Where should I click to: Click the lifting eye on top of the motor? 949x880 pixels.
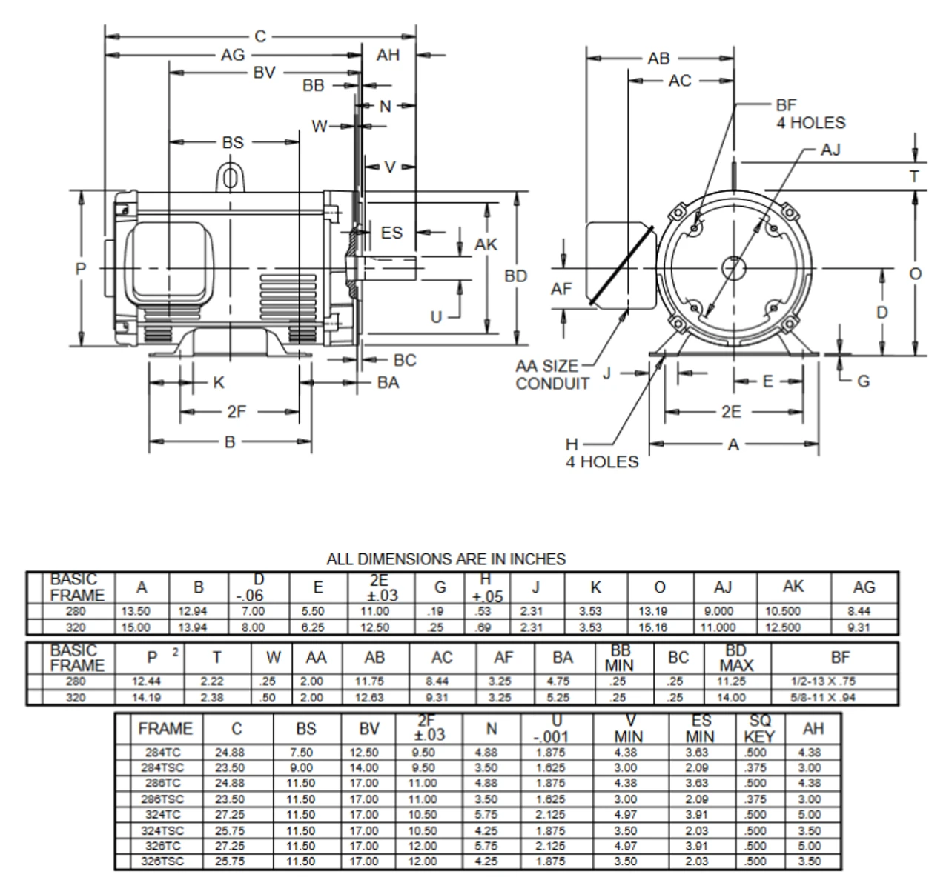(231, 178)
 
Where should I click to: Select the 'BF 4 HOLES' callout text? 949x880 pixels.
(810, 114)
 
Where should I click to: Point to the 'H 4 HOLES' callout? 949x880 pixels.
(601, 453)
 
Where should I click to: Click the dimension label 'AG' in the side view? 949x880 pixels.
(232, 55)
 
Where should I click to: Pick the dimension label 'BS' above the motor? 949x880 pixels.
(232, 142)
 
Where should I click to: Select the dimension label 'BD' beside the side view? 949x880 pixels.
(516, 276)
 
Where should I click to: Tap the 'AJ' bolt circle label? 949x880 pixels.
(830, 150)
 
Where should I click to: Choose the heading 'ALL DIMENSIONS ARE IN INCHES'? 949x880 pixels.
(446, 559)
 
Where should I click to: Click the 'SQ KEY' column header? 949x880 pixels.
(759, 729)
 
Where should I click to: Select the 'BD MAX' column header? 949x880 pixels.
(735, 658)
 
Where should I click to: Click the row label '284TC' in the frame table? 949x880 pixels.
(163, 753)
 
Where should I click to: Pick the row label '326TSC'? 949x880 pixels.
(163, 861)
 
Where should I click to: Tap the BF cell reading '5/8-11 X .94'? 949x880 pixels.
(834, 697)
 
